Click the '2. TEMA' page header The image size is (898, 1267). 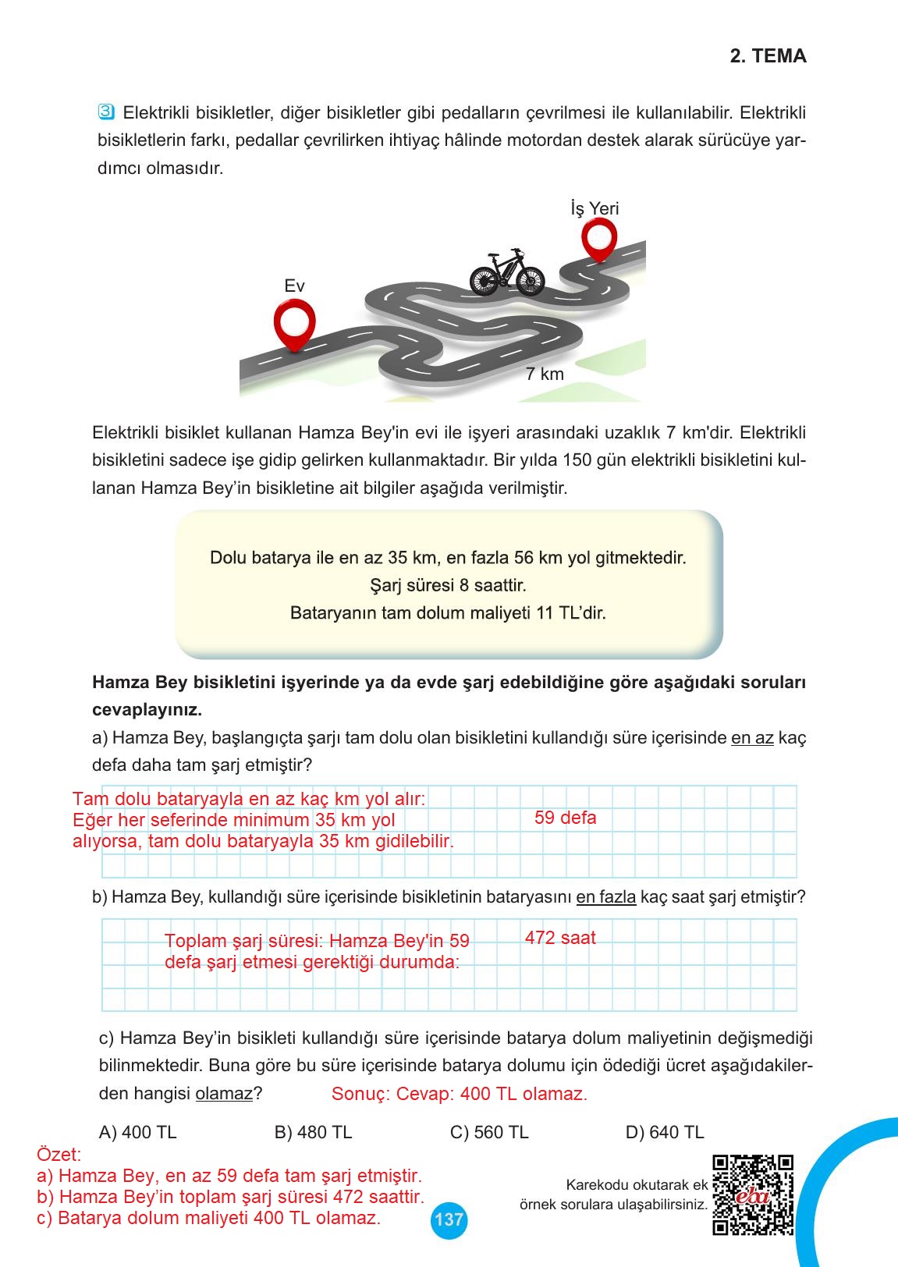click(x=768, y=56)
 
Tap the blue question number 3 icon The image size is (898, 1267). click(x=107, y=112)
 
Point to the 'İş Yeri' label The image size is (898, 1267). click(x=595, y=208)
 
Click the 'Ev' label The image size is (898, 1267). click(x=294, y=286)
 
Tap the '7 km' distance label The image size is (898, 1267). click(x=544, y=374)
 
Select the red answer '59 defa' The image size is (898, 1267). click(x=565, y=818)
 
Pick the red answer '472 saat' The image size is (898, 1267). click(x=559, y=937)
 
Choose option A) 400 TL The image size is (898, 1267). click(x=138, y=1132)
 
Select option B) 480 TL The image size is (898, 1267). click(x=313, y=1132)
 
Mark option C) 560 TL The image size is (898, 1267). click(x=489, y=1132)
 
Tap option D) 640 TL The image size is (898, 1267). click(x=665, y=1132)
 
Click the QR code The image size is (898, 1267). click(x=753, y=1194)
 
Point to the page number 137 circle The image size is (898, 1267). click(x=448, y=1219)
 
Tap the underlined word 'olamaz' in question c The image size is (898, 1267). click(x=224, y=1094)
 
